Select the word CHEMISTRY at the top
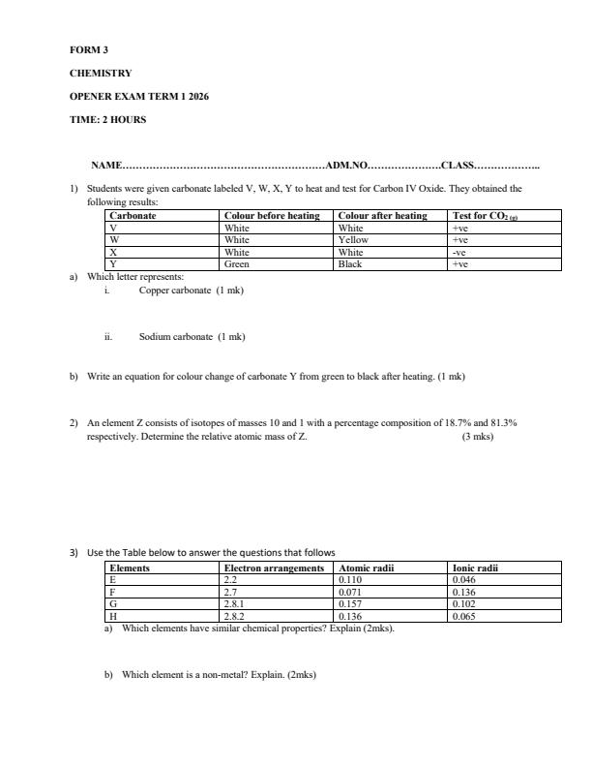click(x=101, y=73)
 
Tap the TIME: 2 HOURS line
click(x=107, y=120)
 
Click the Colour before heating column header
click(x=272, y=216)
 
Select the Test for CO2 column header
click(x=491, y=216)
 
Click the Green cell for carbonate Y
click(x=237, y=263)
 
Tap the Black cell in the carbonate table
click(x=350, y=263)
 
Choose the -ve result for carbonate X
click(x=459, y=252)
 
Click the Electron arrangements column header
click(x=274, y=568)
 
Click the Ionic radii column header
click(x=474, y=568)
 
